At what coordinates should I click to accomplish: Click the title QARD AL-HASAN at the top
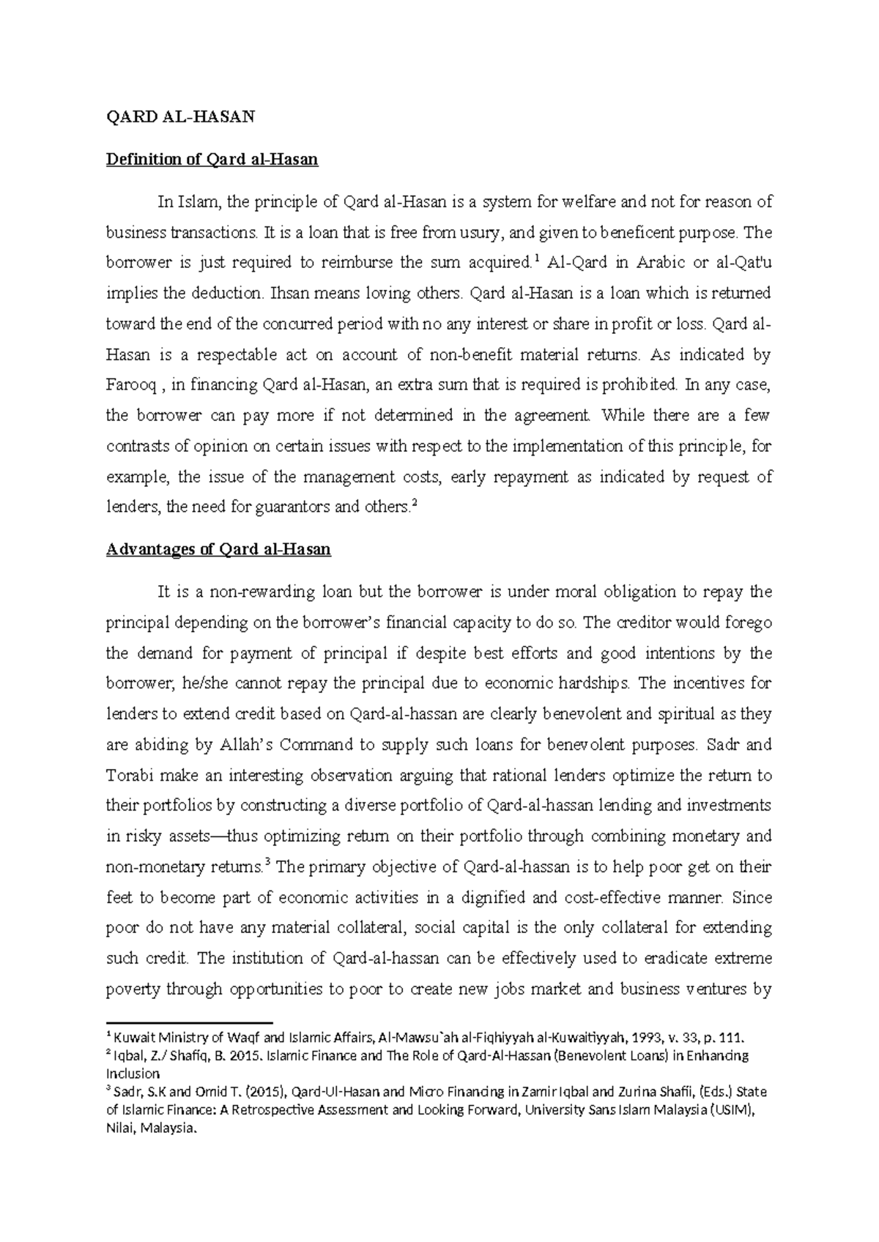[x=180, y=117]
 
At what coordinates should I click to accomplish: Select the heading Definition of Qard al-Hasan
[x=212, y=159]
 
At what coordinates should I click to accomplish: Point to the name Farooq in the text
[x=130, y=385]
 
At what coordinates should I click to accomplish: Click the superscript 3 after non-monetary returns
[x=269, y=863]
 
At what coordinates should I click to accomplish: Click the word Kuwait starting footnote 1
[x=132, y=1038]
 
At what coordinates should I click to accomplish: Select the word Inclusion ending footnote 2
[x=133, y=1074]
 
